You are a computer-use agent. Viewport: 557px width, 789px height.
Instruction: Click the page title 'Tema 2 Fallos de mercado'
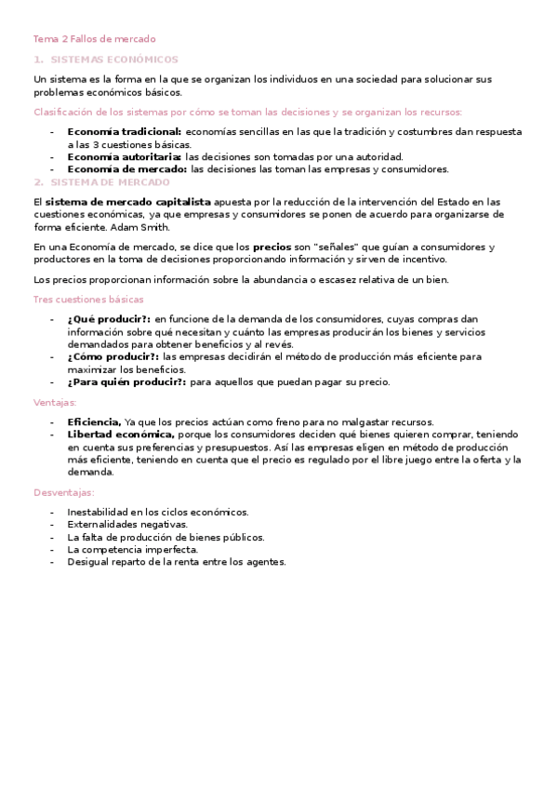[95, 39]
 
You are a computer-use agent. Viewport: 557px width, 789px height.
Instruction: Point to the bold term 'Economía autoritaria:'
[124, 157]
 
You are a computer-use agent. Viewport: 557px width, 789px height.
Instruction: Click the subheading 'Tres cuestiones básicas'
[88, 300]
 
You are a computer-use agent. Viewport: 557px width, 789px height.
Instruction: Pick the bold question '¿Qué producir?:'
[108, 319]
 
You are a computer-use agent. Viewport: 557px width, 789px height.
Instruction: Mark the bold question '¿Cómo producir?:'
[113, 356]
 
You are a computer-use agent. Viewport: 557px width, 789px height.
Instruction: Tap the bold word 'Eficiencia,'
[94, 421]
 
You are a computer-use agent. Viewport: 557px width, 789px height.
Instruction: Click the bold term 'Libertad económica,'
[121, 435]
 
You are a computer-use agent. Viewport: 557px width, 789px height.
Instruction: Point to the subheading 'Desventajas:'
[63, 491]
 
